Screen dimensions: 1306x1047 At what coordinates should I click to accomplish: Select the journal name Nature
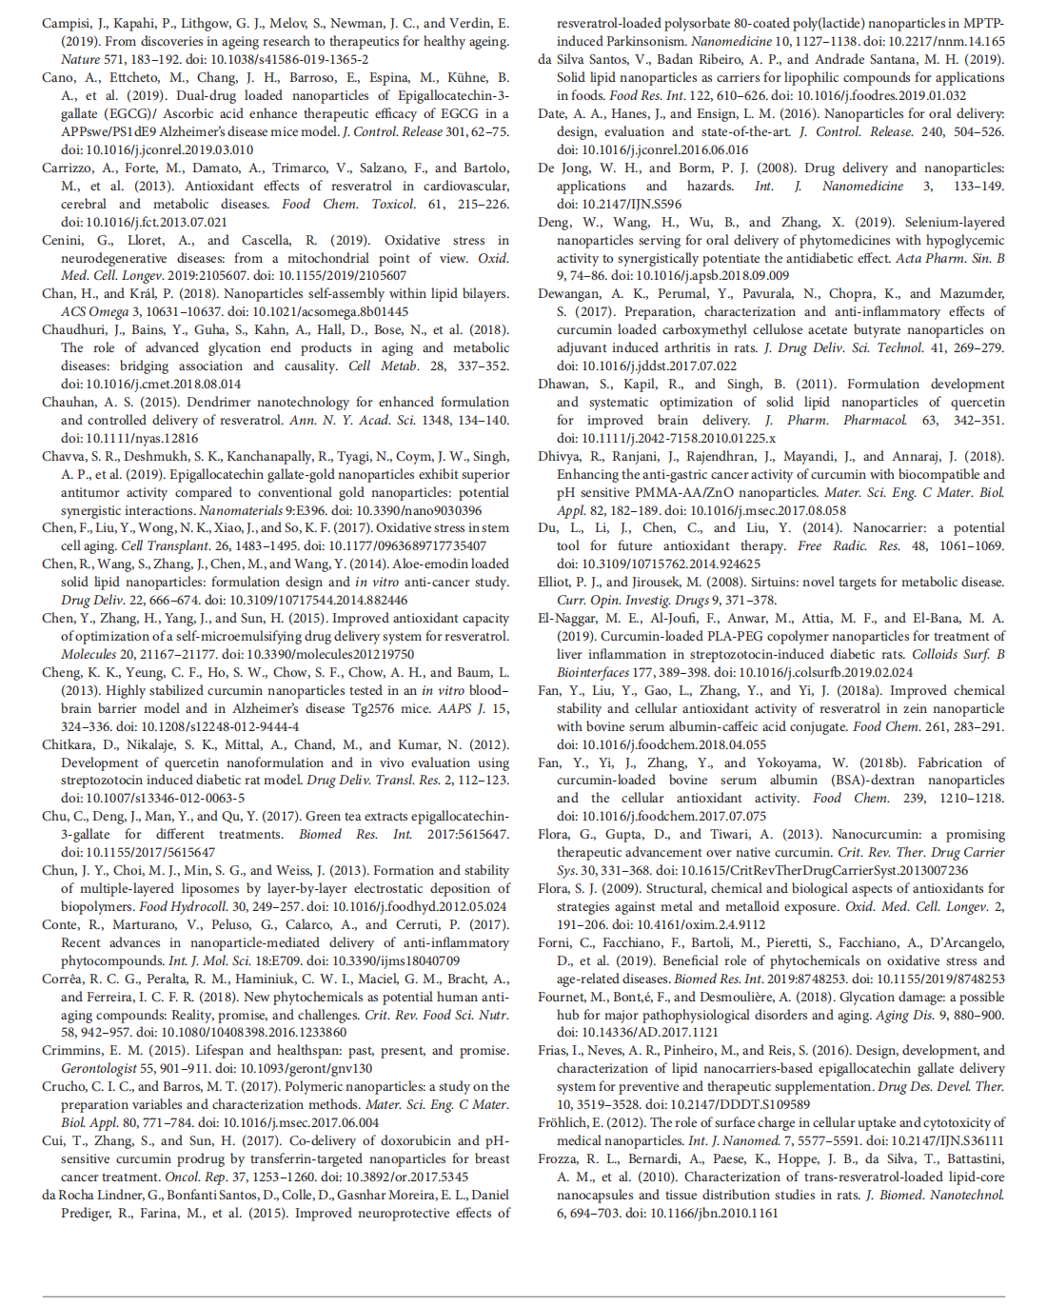click(x=81, y=59)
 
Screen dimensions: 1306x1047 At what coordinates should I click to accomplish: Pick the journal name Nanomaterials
click(x=240, y=510)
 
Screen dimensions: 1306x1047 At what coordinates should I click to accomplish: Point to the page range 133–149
click(x=978, y=186)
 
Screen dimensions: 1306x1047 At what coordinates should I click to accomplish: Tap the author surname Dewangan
click(x=569, y=293)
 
